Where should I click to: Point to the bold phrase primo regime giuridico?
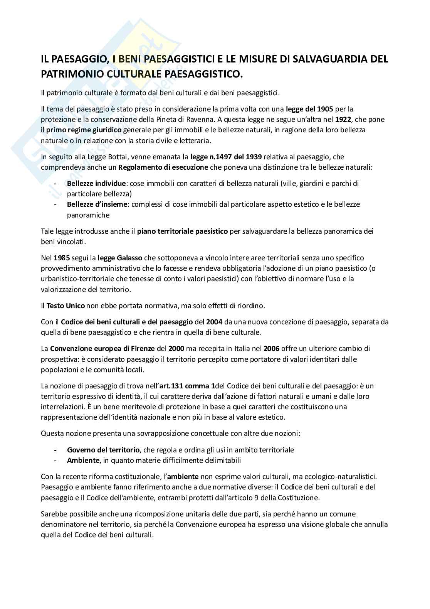click(84, 130)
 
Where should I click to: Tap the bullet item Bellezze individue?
click(96, 183)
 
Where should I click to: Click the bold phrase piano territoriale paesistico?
click(183, 231)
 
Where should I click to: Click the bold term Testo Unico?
click(66, 305)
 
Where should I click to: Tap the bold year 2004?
click(214, 322)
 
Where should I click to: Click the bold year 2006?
click(272, 349)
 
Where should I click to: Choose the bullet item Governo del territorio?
click(103, 450)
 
